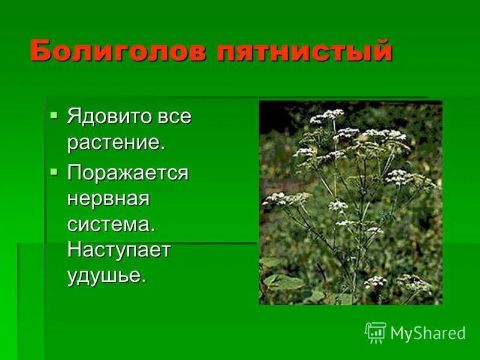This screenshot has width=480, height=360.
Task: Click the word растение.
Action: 115,143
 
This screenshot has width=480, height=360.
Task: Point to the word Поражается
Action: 127,173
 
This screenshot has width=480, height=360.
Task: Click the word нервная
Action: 107,199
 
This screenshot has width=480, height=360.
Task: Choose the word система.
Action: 111,224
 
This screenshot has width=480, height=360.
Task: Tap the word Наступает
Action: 119,250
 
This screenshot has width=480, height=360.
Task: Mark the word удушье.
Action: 107,276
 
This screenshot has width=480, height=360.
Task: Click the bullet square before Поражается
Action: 55,172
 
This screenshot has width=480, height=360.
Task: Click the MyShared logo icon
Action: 376,332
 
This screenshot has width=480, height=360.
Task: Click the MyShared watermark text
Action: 428,333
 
